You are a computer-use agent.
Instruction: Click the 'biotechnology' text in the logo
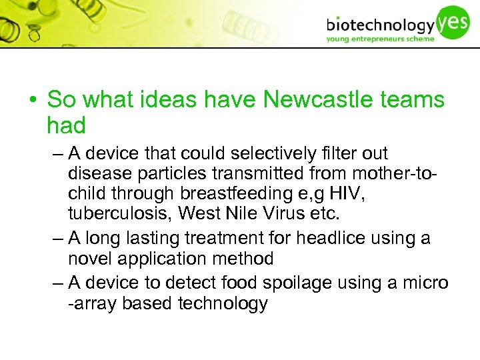(x=380, y=25)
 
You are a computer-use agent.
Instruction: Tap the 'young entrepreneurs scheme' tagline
(x=380, y=39)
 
